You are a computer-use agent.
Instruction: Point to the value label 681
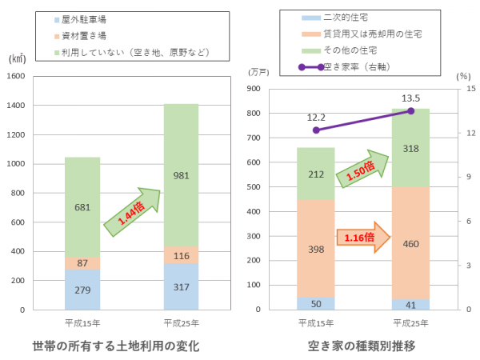coord(82,206)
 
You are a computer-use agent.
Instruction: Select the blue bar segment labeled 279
coord(82,290)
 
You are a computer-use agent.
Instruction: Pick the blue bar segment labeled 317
coord(182,286)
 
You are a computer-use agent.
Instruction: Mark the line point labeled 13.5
coord(411,110)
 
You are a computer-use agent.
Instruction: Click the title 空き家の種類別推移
coord(361,346)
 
